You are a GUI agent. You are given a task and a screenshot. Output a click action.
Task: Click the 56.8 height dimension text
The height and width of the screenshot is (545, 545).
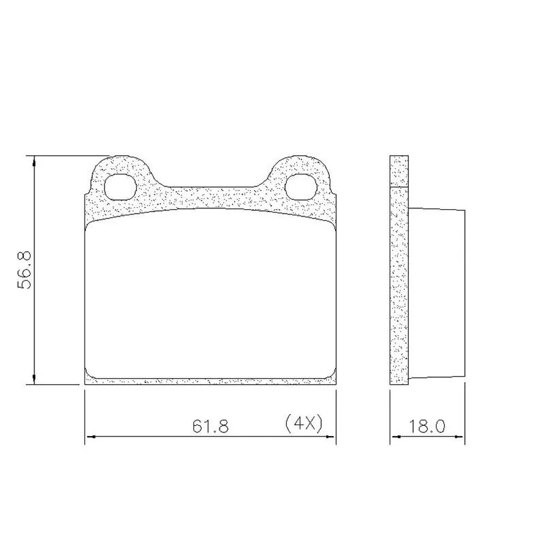click(x=25, y=270)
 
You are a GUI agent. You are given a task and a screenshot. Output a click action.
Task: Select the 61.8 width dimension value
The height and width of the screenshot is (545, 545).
click(x=211, y=426)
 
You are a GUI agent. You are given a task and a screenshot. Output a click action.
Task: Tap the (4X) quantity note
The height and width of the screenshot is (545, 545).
click(x=304, y=424)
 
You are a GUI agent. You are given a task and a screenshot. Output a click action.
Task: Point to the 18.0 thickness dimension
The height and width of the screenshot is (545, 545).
click(x=426, y=426)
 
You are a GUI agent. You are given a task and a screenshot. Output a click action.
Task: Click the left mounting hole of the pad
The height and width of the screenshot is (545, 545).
click(x=121, y=187)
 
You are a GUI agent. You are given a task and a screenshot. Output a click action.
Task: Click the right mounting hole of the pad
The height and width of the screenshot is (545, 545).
click(x=301, y=187)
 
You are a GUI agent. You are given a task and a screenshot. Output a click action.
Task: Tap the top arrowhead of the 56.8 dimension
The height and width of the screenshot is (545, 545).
click(x=33, y=161)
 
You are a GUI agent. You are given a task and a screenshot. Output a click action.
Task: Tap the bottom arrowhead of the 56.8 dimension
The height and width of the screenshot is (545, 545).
click(x=33, y=379)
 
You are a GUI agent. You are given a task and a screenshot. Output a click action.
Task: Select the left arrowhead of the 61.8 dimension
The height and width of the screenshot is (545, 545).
click(x=91, y=437)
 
